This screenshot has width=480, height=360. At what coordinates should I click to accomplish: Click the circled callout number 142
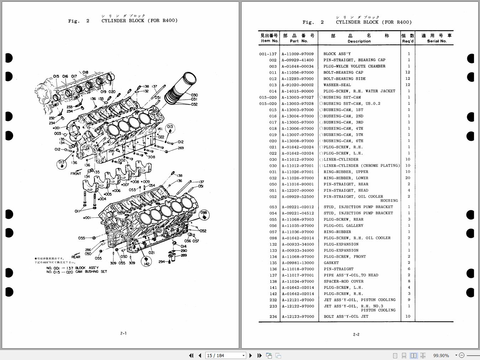[x=146, y=264]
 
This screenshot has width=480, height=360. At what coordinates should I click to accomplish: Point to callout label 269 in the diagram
[x=181, y=148]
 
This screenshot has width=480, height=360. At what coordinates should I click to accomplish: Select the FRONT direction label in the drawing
[x=76, y=174]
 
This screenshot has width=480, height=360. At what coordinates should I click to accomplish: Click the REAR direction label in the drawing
[x=76, y=257]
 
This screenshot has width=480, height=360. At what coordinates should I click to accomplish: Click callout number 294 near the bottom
[x=162, y=261]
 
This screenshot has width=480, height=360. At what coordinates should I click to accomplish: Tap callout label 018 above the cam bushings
[x=85, y=73]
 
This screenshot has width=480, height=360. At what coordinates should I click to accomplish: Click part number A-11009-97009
[x=298, y=54]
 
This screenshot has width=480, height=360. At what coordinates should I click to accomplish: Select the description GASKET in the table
[x=331, y=263]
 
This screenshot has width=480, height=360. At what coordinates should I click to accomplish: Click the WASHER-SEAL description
[x=337, y=85]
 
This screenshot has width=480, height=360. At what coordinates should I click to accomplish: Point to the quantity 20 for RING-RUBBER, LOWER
[x=408, y=178]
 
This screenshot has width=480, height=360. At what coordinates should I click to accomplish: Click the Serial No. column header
[x=437, y=41]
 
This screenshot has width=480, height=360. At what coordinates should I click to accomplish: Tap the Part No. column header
[x=299, y=41]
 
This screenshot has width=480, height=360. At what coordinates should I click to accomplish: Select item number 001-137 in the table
[x=268, y=54]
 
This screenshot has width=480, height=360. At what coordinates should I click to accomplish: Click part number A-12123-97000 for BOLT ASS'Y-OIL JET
[x=298, y=317]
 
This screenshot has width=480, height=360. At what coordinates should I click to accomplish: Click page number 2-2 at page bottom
[x=356, y=334]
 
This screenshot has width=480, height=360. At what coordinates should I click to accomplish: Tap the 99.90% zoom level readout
[x=441, y=355]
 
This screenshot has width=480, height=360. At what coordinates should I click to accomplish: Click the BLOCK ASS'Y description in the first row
[x=337, y=54]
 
